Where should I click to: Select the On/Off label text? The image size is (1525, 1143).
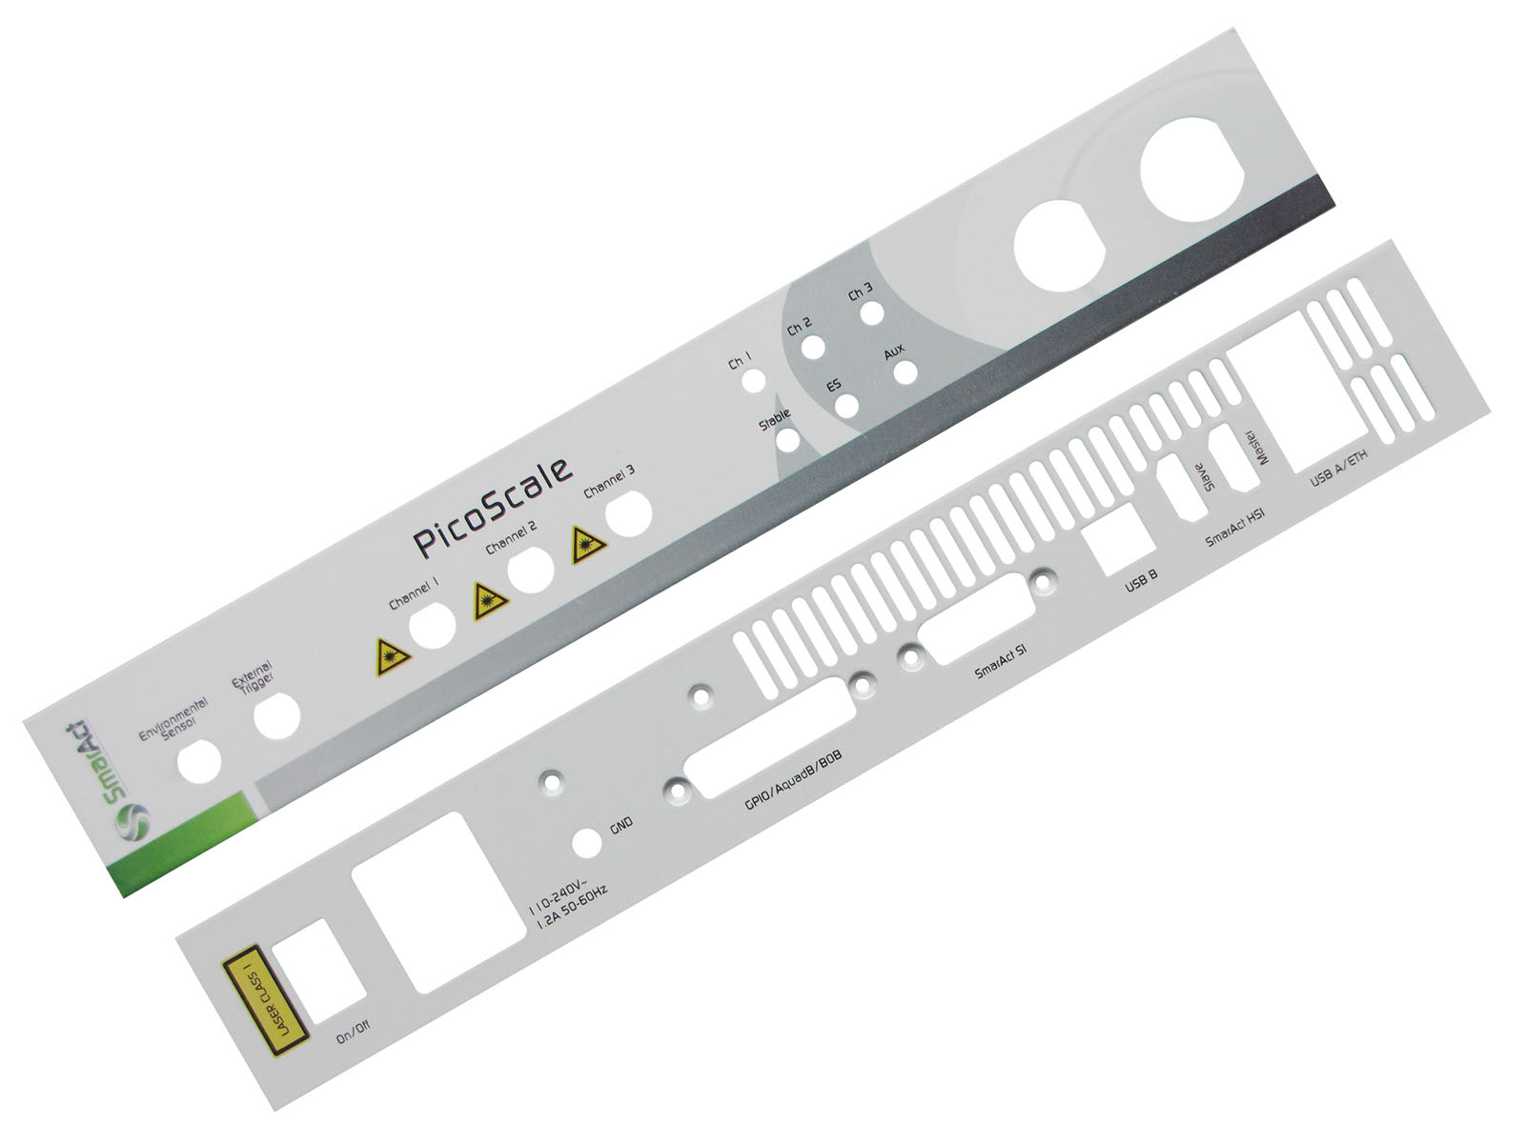(x=353, y=1037)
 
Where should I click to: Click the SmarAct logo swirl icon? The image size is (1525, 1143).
(x=132, y=822)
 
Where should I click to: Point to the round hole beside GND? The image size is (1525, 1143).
(x=587, y=843)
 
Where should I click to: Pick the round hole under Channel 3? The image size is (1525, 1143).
(x=628, y=512)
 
